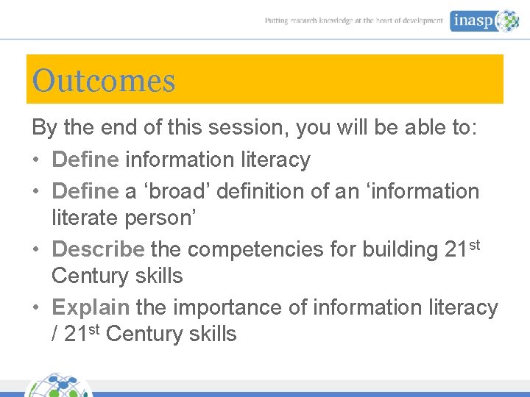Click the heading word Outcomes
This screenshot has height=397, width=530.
coord(104,80)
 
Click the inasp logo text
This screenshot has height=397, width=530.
coord(473,21)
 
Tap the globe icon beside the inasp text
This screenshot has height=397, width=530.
coord(508,21)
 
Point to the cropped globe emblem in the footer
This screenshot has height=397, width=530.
coord(59,386)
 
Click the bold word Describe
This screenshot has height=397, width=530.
coord(98,249)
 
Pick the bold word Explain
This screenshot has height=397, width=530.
coord(91,307)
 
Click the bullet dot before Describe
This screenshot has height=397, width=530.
coord(37,250)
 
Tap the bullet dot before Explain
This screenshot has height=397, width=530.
coord(37,308)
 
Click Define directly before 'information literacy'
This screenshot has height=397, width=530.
coord(85,160)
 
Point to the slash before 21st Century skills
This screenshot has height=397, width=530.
coord(55,335)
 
